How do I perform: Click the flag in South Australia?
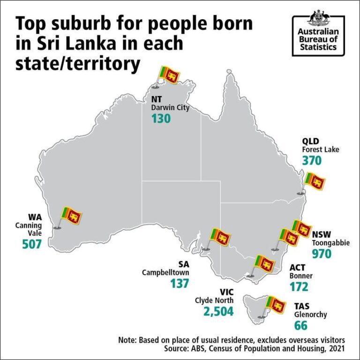220,237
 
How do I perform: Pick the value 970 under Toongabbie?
322,254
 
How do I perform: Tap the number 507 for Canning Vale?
32,244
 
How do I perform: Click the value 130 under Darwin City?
161,118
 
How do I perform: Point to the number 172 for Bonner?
299,286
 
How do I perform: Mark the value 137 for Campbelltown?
180,283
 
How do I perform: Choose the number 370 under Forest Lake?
312,160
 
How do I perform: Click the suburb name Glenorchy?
310,315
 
